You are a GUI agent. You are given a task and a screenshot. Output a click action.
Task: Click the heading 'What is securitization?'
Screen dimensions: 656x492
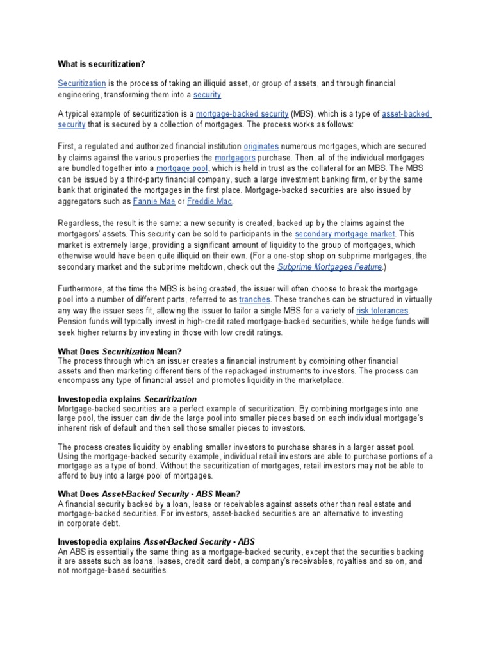pyautogui.click(x=102, y=64)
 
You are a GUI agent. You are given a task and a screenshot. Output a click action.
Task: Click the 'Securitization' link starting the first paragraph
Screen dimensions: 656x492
pyautogui.click(x=81, y=84)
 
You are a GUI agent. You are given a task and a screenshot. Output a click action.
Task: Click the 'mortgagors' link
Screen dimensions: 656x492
pyautogui.click(x=232, y=157)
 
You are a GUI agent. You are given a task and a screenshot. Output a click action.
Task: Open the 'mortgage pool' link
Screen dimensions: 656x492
pyautogui.click(x=179, y=167)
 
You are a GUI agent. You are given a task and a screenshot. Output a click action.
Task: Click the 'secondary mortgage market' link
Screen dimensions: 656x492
pyautogui.click(x=345, y=234)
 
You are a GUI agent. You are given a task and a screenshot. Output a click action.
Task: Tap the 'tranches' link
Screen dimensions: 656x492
pyautogui.click(x=255, y=300)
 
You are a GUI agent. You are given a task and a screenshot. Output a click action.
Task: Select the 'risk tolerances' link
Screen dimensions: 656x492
pyautogui.click(x=382, y=311)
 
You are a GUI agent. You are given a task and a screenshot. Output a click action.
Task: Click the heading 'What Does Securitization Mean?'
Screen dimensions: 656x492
pyautogui.click(x=120, y=352)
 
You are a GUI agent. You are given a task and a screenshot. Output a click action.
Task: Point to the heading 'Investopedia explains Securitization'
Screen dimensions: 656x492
pyautogui.click(x=127, y=399)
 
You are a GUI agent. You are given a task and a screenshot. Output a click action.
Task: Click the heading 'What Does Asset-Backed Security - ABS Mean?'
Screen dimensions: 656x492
pyautogui.click(x=149, y=494)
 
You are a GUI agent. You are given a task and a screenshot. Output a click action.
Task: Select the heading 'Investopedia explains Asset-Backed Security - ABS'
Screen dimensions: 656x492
pyautogui.click(x=156, y=541)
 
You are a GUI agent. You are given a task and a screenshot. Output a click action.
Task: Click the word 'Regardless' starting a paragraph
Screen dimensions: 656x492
pyautogui.click(x=79, y=223)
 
